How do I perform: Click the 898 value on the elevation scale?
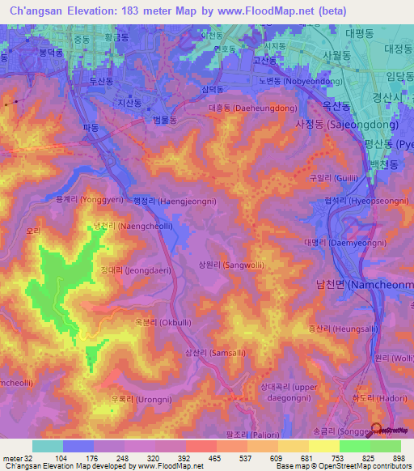pos(399,458)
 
